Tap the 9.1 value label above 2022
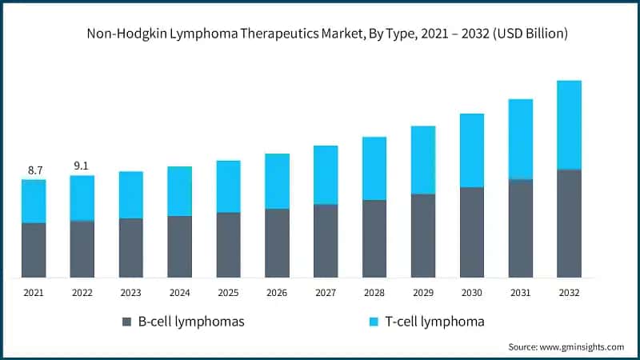coord(82,166)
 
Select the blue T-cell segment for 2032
coord(569,125)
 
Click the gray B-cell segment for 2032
coord(569,223)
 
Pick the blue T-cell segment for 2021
coord(34,201)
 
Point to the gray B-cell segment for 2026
coord(277,243)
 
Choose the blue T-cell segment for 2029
coord(423,160)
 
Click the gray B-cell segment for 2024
coord(179,246)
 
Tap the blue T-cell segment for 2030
coord(472,150)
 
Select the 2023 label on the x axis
coord(130,293)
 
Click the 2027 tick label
coord(326,293)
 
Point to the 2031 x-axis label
coord(520,293)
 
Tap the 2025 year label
coord(228,293)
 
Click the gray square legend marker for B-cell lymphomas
coord(126,322)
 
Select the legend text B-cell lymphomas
coord(190,322)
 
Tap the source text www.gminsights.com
coord(582,347)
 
